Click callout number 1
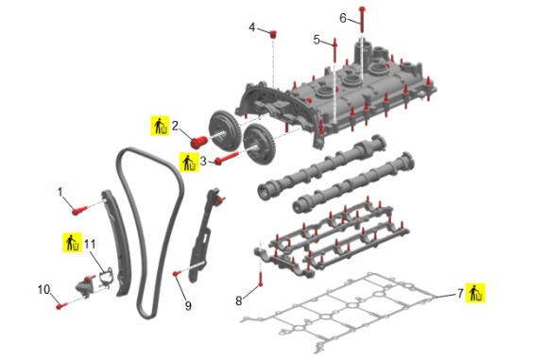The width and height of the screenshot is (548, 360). [x=60, y=192]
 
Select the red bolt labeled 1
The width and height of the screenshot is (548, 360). [x=79, y=210]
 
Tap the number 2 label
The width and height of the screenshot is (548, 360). [x=175, y=126]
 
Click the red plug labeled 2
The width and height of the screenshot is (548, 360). [x=198, y=142]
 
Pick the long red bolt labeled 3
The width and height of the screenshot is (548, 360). [x=227, y=158]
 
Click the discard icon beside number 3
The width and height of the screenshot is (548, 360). [x=189, y=163]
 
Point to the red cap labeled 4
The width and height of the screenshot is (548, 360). [x=273, y=34]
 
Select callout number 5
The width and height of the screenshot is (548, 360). [x=317, y=40]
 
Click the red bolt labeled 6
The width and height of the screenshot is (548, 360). [x=363, y=19]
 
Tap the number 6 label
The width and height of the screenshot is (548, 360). [x=343, y=18]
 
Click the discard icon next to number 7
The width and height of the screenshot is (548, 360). [x=475, y=293]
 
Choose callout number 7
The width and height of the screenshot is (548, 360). [x=460, y=293]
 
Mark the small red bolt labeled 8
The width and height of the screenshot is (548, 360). [x=261, y=279]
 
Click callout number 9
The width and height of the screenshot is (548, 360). [x=188, y=306]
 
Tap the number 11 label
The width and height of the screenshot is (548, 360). [x=90, y=244]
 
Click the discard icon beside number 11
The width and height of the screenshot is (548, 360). [x=73, y=242]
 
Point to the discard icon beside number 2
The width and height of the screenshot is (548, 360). [x=160, y=126]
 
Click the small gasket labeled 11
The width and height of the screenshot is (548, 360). [x=105, y=276]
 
